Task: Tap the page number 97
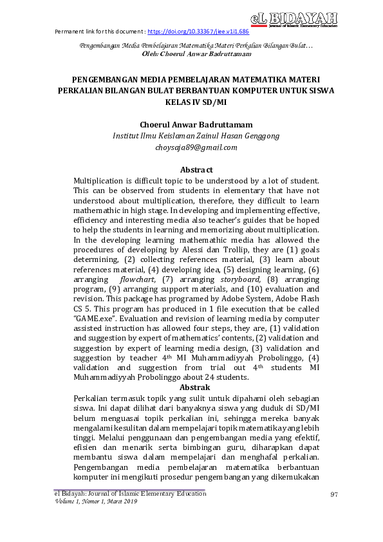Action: pos(333,494)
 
